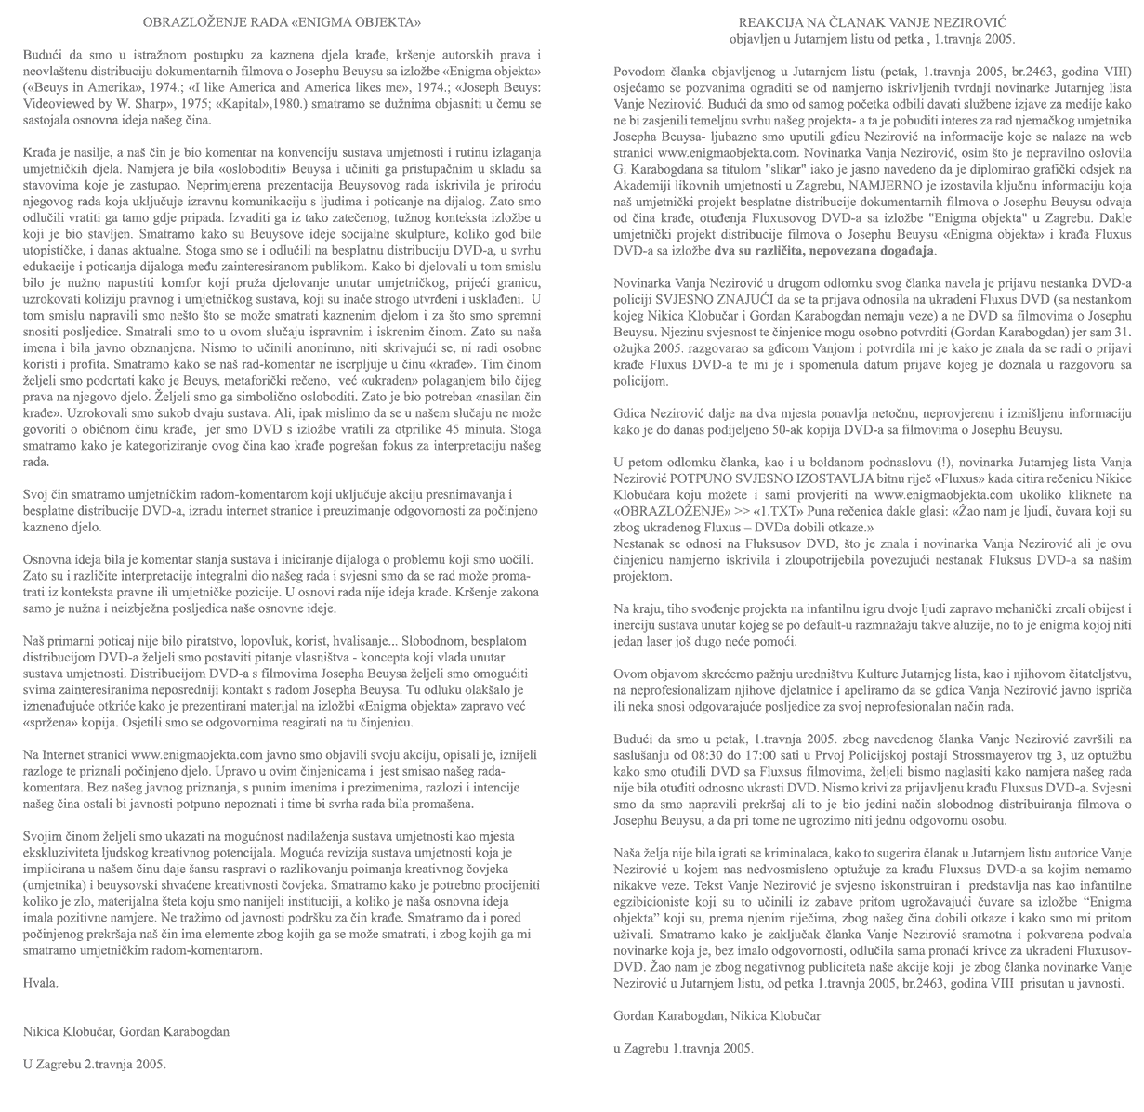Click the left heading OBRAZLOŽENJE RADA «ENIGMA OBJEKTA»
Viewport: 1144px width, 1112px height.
pyautogui.click(x=282, y=20)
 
